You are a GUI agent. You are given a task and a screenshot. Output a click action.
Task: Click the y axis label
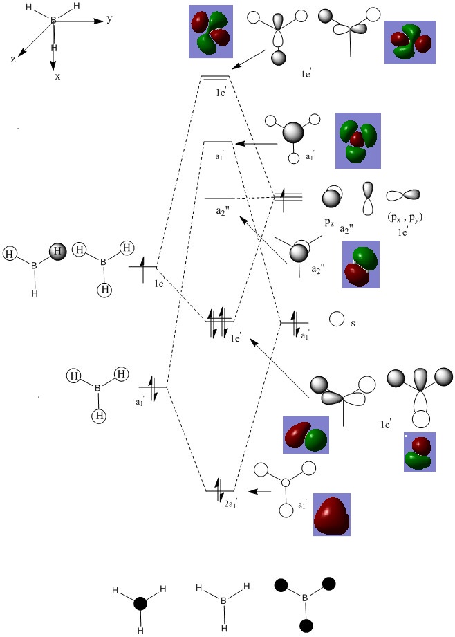(x=110, y=19)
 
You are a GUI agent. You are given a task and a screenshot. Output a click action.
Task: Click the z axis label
(x=13, y=59)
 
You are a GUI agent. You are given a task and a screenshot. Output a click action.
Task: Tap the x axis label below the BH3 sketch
(x=57, y=77)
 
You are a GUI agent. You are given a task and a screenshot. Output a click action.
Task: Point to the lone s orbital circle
(x=337, y=320)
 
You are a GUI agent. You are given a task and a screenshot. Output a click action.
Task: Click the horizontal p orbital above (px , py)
(x=404, y=195)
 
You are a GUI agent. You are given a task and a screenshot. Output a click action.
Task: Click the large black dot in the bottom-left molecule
(x=140, y=603)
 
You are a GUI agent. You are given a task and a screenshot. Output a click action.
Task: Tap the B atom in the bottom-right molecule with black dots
(x=304, y=596)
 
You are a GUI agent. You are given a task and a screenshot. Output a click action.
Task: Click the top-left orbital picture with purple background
(x=210, y=32)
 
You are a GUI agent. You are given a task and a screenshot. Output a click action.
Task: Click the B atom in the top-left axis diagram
(x=53, y=21)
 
